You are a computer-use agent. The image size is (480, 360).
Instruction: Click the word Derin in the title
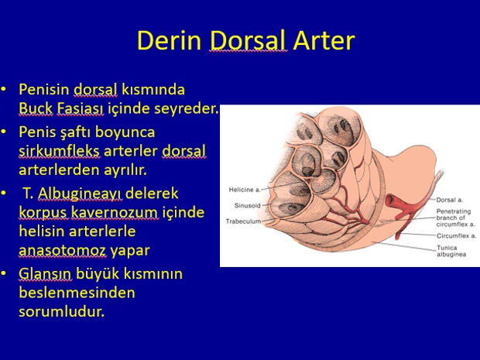169,40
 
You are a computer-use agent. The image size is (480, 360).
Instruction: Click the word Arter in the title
324,40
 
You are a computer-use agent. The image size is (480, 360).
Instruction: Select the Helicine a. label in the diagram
245,190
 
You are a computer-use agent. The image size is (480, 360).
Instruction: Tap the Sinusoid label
247,206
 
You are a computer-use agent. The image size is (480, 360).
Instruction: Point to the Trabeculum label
243,221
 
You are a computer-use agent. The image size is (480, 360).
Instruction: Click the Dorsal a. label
449,200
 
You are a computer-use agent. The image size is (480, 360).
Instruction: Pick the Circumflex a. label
457,235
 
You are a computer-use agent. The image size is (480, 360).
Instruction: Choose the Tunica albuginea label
451,251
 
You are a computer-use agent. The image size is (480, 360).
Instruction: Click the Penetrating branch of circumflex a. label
455,218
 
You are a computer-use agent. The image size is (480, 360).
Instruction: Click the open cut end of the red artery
389,201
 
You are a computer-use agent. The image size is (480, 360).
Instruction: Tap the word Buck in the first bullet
36,108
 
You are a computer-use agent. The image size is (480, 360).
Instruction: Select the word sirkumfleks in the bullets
60,151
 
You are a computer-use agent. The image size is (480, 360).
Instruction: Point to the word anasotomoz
63,250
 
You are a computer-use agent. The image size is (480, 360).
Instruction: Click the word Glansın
46,273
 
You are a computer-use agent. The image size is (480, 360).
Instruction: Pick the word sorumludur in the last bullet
61,311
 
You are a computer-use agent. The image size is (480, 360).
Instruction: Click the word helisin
41,231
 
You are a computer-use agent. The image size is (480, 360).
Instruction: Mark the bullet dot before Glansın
3,273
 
